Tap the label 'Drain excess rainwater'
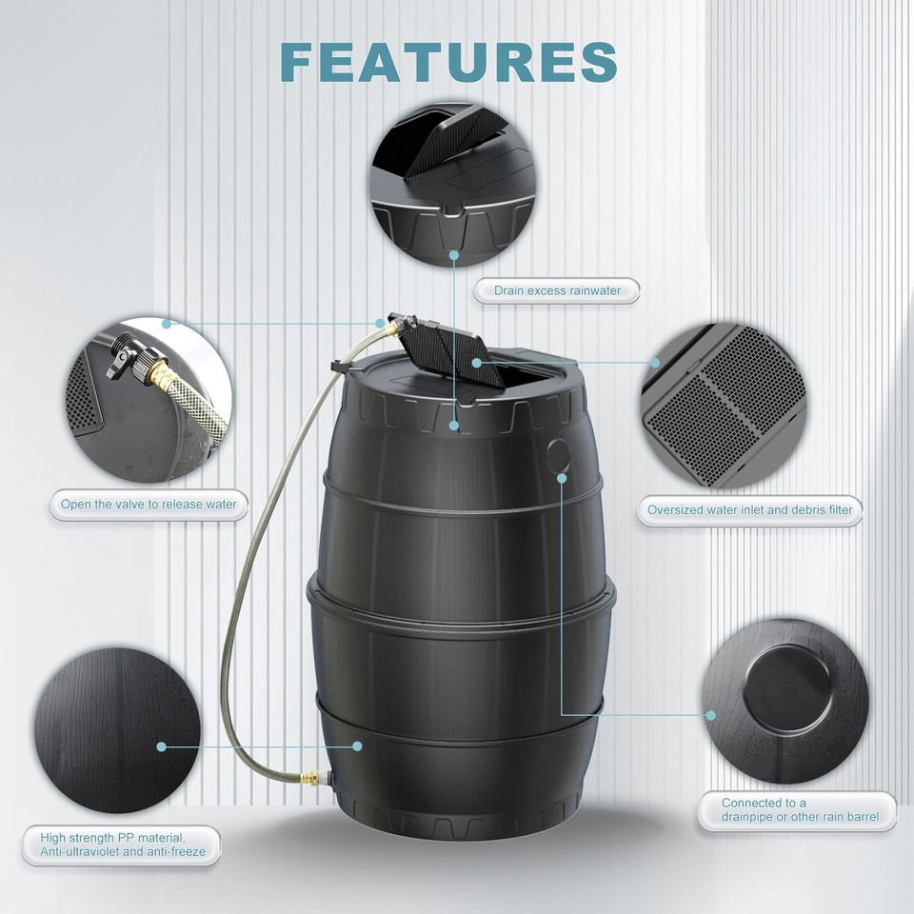click(557, 290)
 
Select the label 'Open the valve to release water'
click(149, 505)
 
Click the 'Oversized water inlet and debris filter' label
click(749, 510)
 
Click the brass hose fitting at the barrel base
click(310, 778)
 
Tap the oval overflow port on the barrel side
click(559, 455)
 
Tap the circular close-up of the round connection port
click(785, 688)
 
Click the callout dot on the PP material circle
click(162, 747)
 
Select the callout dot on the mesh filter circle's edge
click(655, 362)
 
